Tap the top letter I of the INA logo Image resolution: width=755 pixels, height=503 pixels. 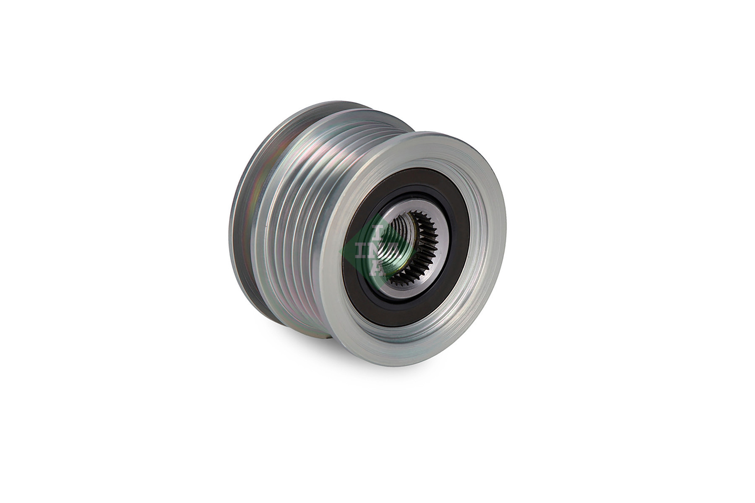[377, 233]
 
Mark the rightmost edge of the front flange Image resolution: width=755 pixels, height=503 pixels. [506, 235]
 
